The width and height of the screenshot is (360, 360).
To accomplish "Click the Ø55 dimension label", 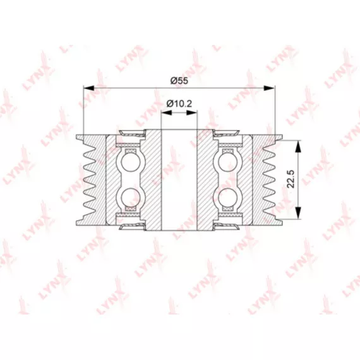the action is click(x=179, y=81).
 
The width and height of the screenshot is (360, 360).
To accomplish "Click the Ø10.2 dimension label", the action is click(x=179, y=104).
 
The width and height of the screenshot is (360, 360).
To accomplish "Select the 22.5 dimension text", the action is click(x=291, y=179).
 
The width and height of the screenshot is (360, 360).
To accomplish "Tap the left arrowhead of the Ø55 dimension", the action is click(x=89, y=88).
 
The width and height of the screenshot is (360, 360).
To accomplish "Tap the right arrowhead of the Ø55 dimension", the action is click(x=269, y=88).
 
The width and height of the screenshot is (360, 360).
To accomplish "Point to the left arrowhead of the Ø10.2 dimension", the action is click(x=167, y=112).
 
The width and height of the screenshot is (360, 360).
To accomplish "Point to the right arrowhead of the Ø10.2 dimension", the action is click(x=192, y=112).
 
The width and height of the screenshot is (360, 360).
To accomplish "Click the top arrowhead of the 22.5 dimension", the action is click(x=297, y=146).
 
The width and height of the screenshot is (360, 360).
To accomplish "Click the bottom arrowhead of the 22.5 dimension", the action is click(x=297, y=213).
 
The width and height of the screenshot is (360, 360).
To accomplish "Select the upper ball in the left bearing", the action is click(x=130, y=162).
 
